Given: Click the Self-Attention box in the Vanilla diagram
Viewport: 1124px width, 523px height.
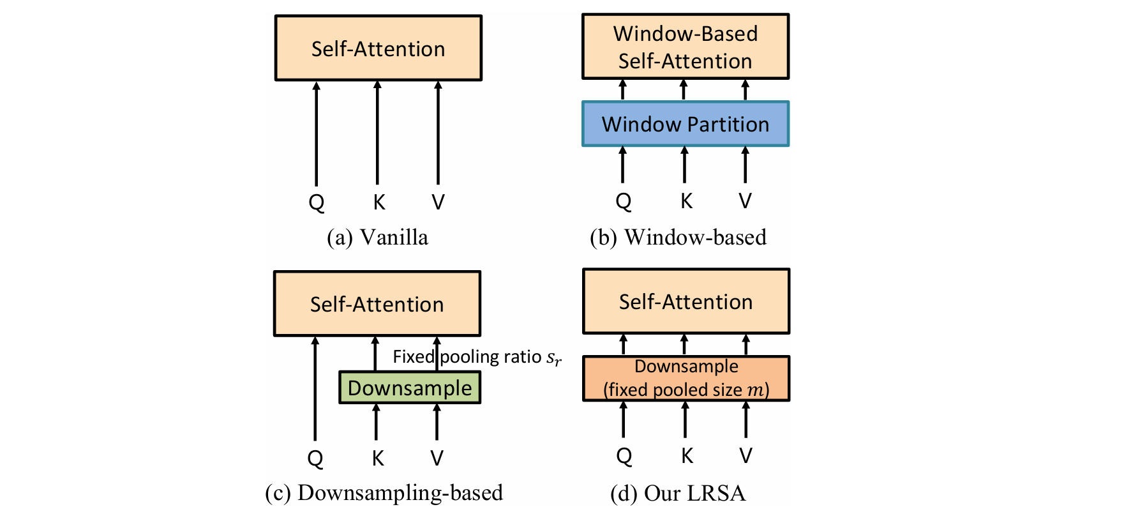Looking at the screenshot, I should point(378,49).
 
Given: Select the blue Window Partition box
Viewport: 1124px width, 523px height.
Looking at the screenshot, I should point(685,124).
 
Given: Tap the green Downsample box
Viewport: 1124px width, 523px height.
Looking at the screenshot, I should point(409,388).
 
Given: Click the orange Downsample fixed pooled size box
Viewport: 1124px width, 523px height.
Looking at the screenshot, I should point(686,378).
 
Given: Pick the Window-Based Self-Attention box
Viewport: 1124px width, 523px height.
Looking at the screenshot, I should point(685,47).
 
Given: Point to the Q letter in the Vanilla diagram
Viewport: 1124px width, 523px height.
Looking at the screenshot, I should point(317,202).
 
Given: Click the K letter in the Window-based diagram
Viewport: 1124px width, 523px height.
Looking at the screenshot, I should point(686,201).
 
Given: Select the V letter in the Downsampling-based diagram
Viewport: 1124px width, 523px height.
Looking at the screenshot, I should point(437,458).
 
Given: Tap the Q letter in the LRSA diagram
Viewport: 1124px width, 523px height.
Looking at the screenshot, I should point(624,456).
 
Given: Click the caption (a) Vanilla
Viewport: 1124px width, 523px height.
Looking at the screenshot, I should point(377,238).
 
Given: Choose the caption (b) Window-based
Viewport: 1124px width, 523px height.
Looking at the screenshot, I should point(678,238).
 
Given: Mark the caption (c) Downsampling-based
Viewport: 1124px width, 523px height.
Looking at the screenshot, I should point(384,493).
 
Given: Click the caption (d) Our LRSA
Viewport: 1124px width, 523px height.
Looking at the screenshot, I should point(678,493).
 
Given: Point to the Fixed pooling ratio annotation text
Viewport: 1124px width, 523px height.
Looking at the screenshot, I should point(476,357).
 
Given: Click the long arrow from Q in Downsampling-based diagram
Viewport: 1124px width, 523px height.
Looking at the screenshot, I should point(315,390).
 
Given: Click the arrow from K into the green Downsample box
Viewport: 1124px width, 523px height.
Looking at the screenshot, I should point(376,421).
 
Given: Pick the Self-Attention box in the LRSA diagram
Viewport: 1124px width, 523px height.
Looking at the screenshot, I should point(686,301).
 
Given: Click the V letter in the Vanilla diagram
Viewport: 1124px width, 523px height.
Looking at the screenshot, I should point(438,202).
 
